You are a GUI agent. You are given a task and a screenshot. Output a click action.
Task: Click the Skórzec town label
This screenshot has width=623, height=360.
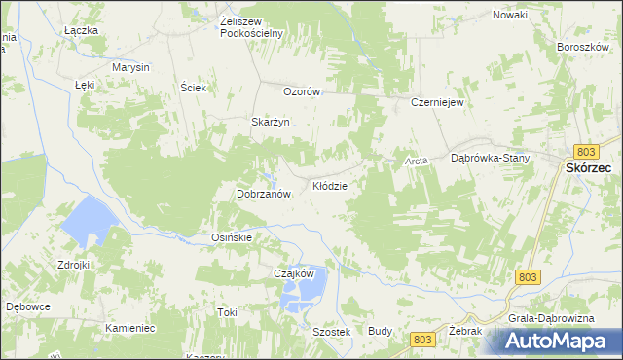[588, 167]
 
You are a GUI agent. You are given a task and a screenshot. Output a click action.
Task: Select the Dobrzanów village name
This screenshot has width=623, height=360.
[265, 194]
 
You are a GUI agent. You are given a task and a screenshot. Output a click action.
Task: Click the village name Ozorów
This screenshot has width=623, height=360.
[302, 91]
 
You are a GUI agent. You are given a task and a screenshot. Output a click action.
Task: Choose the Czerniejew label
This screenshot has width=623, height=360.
[435, 101]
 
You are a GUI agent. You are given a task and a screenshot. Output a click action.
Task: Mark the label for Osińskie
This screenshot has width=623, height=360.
[233, 237]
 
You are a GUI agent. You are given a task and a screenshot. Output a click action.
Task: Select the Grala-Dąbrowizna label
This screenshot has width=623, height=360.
[544, 317]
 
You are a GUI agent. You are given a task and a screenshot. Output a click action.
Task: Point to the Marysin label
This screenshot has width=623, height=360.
[129, 67]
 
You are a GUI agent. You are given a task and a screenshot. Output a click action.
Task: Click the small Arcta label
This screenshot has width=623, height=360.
[417, 161]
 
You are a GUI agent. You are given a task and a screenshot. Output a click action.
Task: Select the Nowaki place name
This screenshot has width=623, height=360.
[510, 15]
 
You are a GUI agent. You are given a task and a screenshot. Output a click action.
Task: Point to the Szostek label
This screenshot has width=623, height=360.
[331, 332]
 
